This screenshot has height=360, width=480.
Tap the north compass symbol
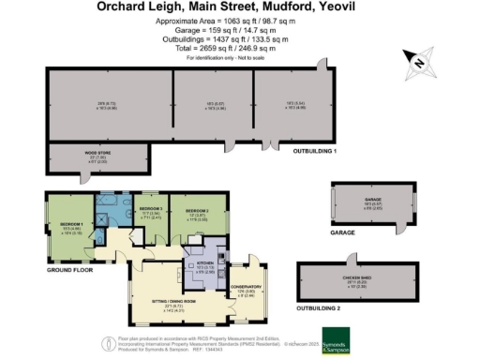pyautogui.click(x=418, y=64)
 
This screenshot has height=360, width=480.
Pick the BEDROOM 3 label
pyautogui.click(x=150, y=210)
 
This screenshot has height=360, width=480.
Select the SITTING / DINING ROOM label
pyautogui.click(x=168, y=299)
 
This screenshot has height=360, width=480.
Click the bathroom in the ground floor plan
pyautogui.click(x=114, y=212)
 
